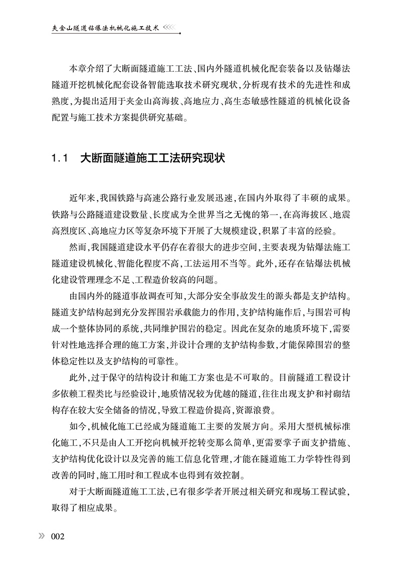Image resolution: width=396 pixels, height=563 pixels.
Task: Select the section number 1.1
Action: tap(59, 159)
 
